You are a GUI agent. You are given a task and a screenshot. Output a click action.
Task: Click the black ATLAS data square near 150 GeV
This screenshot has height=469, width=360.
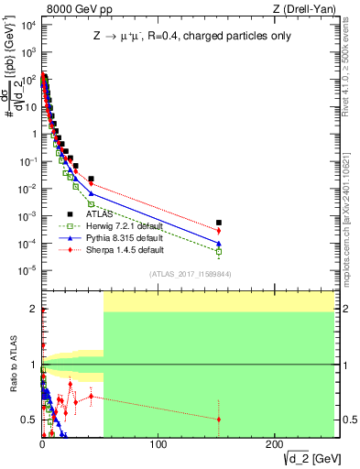click(218, 223)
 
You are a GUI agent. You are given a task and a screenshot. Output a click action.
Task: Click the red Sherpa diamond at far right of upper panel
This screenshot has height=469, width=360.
click(218, 231)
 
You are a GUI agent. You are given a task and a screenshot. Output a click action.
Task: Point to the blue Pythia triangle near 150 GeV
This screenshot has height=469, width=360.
click(218, 244)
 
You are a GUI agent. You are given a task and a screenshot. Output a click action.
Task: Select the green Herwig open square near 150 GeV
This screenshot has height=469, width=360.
click(218, 251)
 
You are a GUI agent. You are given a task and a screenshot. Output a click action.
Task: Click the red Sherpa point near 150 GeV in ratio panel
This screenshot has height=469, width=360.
click(218, 419)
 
